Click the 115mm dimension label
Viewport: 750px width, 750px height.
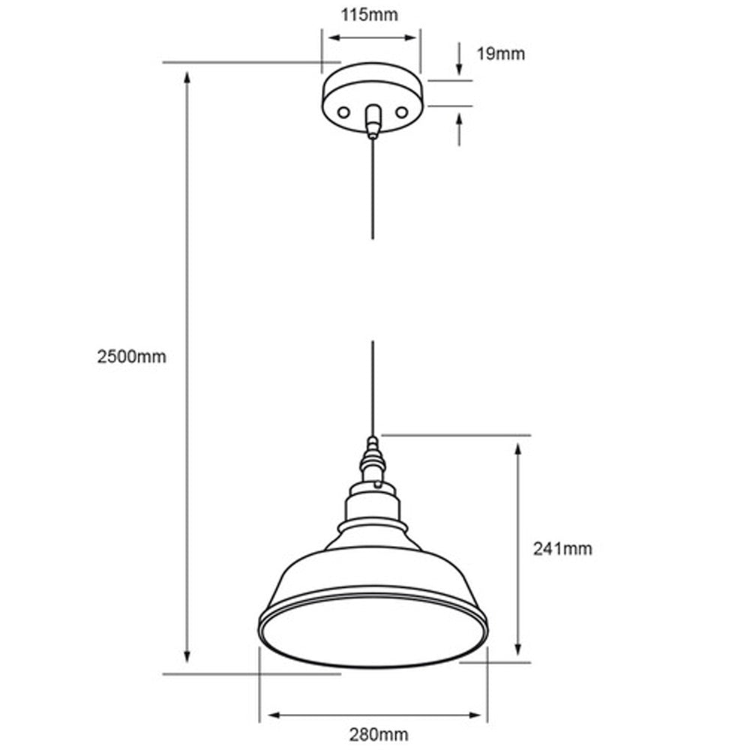coord(370,14)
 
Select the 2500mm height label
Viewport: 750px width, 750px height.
coord(131,357)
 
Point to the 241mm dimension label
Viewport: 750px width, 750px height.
coord(562,549)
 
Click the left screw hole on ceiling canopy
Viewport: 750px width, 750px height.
coord(343,112)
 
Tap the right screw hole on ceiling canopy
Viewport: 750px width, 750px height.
coord(402,112)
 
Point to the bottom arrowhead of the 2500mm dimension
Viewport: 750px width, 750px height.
coord(187,657)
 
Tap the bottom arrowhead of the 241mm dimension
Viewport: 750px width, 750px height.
coord(517,651)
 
